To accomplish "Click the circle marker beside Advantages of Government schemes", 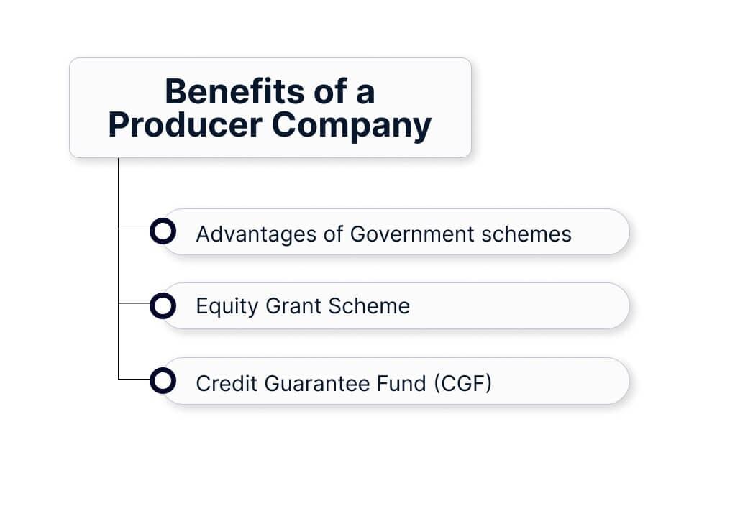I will point(163,231).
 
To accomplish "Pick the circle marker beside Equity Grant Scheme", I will point(163,306).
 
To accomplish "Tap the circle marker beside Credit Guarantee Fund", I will point(163,380).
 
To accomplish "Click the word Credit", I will point(227,383).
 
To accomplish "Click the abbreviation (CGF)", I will point(462,383).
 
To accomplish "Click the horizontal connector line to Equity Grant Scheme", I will point(134,303).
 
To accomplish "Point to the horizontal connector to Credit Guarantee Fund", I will point(134,378).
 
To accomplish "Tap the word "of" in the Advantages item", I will point(333,234).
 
